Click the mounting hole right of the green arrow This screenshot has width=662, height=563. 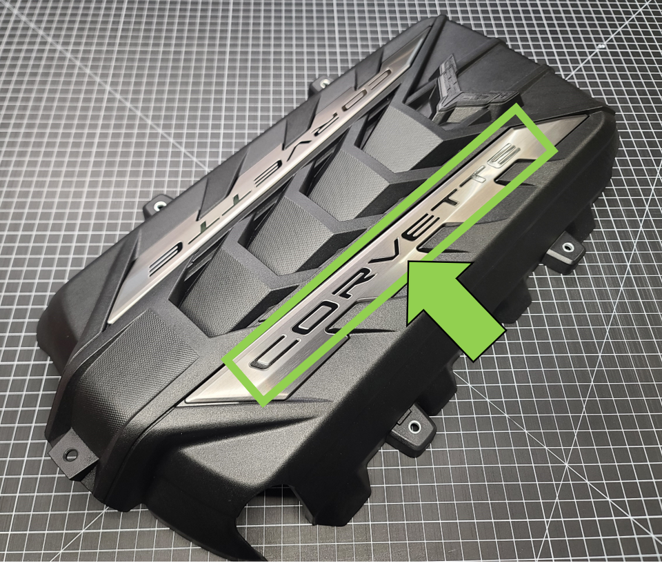coord(570,246)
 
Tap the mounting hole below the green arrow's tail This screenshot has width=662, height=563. coord(414,427)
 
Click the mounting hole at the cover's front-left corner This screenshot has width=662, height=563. coord(70,455)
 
